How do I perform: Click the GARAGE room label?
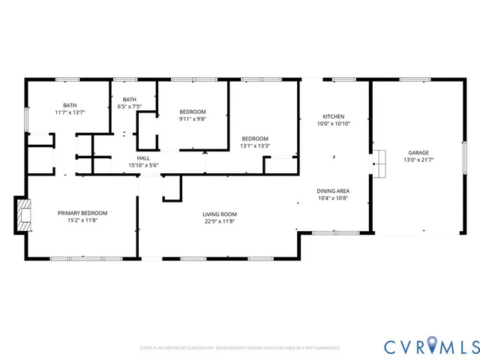[x=418, y=151]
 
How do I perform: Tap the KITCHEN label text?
[x=333, y=116]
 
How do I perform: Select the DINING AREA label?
[x=333, y=191]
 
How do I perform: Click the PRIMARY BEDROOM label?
[x=82, y=213]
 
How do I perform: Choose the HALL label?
[x=142, y=158]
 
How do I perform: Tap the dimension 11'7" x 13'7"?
[x=70, y=112]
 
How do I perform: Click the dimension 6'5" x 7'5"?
[x=130, y=106]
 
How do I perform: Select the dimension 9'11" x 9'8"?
[x=192, y=118]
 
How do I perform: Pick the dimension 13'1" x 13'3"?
[x=254, y=145]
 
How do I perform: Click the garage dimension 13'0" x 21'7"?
[x=418, y=159]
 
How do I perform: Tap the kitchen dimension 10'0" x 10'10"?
[x=333, y=124]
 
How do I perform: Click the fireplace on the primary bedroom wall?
[x=24, y=212]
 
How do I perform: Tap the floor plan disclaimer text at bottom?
[x=240, y=348]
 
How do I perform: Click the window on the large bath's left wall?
[x=27, y=118]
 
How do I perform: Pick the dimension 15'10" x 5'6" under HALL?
[x=142, y=165]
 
